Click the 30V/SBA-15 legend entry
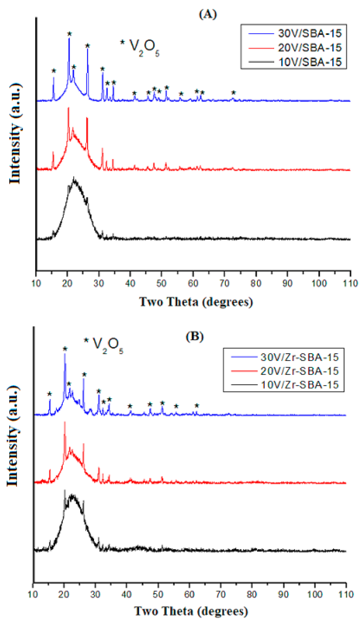coord(309,33)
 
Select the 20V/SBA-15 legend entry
coord(309,48)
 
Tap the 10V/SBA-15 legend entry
coord(309,62)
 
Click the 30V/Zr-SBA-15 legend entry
coord(299,357)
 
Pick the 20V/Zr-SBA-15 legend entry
coord(299,371)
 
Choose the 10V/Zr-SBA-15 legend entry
coord(299,385)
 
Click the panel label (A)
coord(208,14)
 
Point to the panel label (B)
coord(195,336)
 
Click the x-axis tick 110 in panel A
coord(350,283)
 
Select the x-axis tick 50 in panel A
coord(161,283)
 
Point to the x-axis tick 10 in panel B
coord(33,594)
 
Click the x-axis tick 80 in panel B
coord(252,594)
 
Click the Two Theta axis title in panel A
coord(196,302)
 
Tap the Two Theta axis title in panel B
coord(191,611)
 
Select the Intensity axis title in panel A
coord(15,134)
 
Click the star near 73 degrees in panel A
coord(234,92)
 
